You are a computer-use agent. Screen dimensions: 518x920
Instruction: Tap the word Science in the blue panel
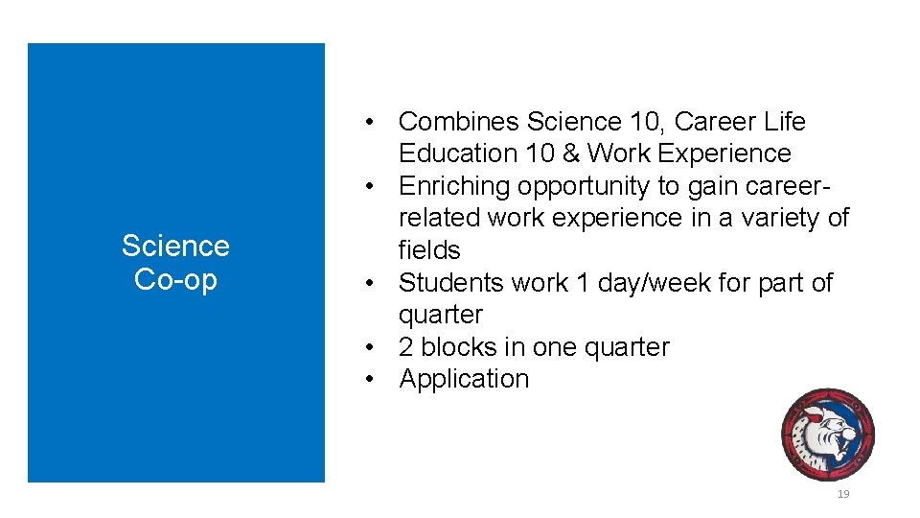pyautogui.click(x=175, y=247)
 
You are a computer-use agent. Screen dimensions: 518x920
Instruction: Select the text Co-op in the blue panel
pyautogui.click(x=175, y=279)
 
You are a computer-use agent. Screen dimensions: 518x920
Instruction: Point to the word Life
pyautogui.click(x=785, y=122)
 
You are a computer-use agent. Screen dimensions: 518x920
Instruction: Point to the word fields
pyautogui.click(x=429, y=250)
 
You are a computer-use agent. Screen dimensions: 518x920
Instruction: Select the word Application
pyautogui.click(x=464, y=379)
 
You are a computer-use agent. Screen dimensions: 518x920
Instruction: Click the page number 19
pyautogui.click(x=843, y=494)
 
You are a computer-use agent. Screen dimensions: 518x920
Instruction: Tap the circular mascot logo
pyautogui.click(x=827, y=435)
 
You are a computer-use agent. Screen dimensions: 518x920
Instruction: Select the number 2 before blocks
pyautogui.click(x=406, y=346)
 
